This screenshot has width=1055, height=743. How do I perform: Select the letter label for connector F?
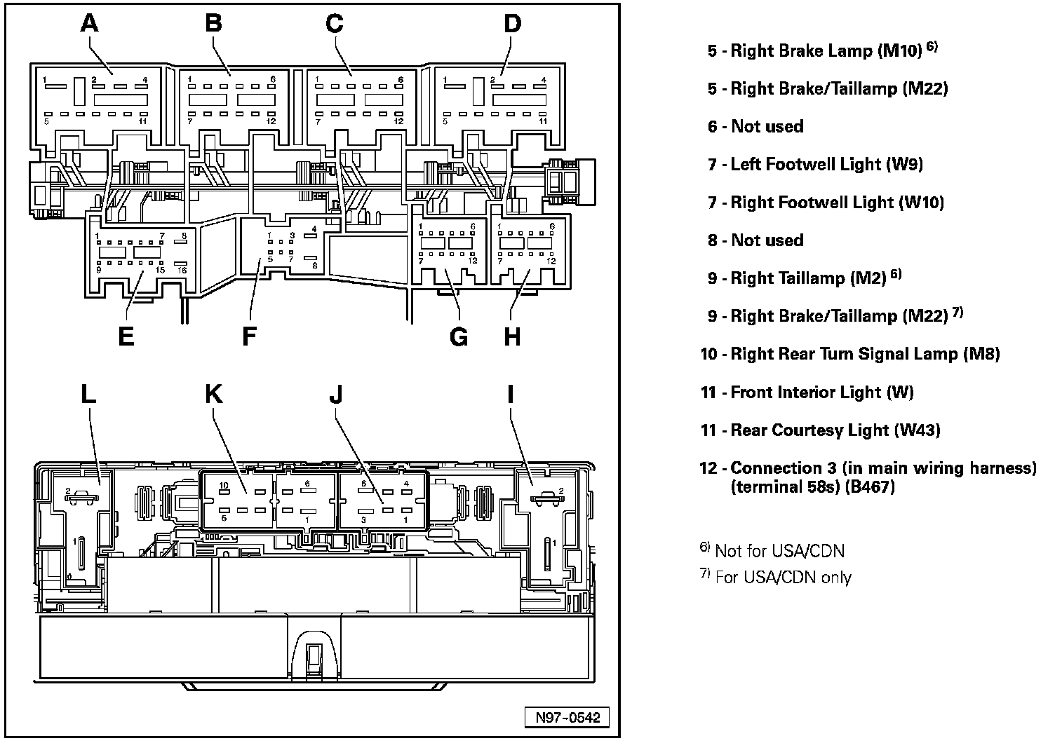pyautogui.click(x=249, y=336)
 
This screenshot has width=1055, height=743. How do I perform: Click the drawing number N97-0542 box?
pyautogui.click(x=567, y=718)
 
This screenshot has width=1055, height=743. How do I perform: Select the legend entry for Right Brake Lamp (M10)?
pyautogui.click(x=821, y=50)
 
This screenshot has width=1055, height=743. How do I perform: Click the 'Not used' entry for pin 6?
pyautogui.click(x=755, y=126)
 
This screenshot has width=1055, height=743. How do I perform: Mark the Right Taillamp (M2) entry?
pyautogui.click(x=803, y=278)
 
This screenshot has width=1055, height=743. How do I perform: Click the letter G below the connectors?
pyautogui.click(x=458, y=336)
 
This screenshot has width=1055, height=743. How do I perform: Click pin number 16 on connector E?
pyautogui.click(x=182, y=270)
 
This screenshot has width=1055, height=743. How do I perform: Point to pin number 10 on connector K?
pyautogui.click(x=224, y=485)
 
